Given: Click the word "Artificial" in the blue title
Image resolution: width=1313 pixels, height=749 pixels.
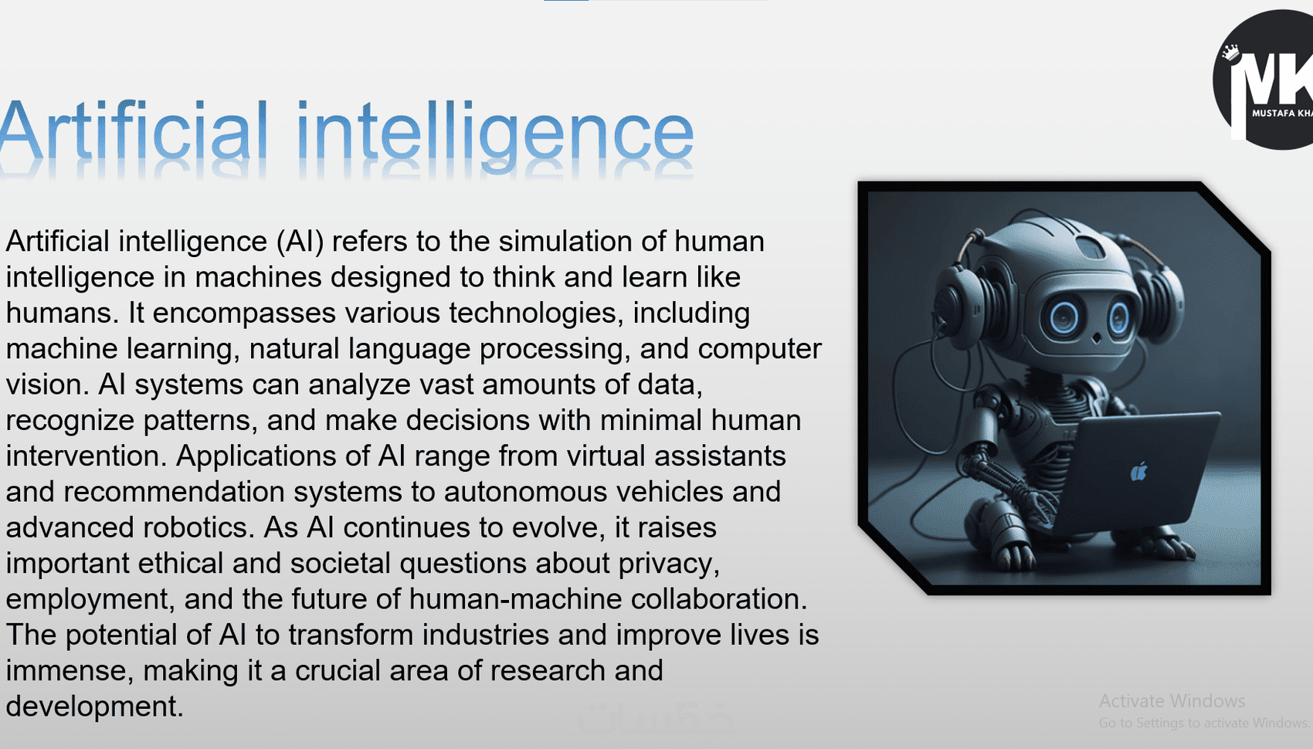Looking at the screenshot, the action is coord(134,130).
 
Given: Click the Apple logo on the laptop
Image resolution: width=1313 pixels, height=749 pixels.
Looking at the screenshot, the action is coord(1138,471).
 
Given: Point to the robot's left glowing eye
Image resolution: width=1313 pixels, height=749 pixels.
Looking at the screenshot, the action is coord(1063,318).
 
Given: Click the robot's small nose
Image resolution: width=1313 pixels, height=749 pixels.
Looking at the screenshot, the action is coord(1096,338).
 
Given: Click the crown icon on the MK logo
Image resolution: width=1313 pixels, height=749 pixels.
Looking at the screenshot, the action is coord(1230,52).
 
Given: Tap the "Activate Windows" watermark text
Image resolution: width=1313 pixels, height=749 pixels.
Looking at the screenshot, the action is coord(1172,701).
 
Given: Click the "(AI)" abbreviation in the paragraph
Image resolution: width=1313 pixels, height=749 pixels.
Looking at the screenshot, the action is coord(300,242).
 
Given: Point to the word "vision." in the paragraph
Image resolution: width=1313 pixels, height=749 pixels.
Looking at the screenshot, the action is coord(47,385).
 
